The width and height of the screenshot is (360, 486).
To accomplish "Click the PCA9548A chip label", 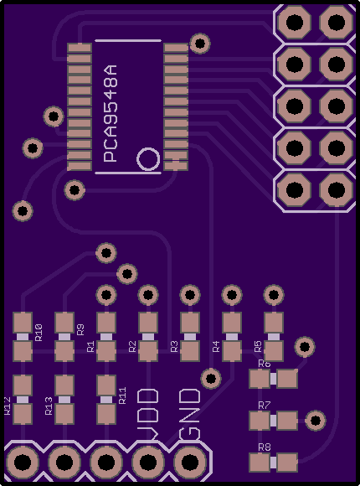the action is click(x=111, y=113).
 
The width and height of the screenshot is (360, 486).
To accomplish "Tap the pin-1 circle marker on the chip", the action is click(x=148, y=159).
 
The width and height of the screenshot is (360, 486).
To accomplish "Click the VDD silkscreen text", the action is click(x=148, y=414).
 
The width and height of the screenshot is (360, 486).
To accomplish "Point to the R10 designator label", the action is click(x=39, y=333).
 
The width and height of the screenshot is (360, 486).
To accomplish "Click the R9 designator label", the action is click(x=80, y=329).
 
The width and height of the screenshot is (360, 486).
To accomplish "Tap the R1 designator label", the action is click(x=90, y=347).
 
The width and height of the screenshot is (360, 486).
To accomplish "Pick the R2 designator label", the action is click(x=132, y=347).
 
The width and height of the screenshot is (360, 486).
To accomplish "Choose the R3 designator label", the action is click(x=174, y=347).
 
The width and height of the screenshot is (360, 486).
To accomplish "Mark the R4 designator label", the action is click(x=216, y=347).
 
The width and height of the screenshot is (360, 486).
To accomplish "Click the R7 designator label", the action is click(x=265, y=405).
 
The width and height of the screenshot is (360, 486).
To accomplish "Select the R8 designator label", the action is click(x=265, y=447).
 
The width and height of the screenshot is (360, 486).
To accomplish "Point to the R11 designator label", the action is click(x=122, y=396).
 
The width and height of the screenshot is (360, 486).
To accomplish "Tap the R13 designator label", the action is click(x=49, y=406).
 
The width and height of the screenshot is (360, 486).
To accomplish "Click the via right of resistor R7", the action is click(x=316, y=421).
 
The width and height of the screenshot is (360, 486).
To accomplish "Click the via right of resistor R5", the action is click(x=305, y=347).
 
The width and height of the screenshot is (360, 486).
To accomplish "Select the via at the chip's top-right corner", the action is click(x=200, y=44).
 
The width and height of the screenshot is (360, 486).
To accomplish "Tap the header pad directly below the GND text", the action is click(x=189, y=463).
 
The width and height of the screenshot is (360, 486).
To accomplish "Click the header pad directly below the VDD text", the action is click(x=148, y=463).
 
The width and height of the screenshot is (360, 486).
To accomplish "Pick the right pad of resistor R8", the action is click(x=287, y=463).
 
